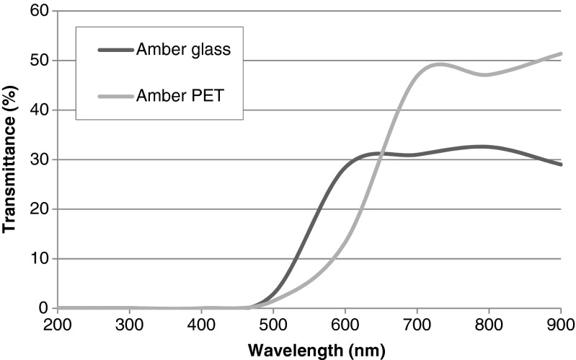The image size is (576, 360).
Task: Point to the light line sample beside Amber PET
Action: [115, 95]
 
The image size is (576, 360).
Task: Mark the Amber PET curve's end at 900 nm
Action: [560, 53]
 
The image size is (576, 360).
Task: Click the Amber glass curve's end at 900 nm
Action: [560, 164]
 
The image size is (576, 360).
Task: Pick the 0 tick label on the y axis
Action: [43, 308]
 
